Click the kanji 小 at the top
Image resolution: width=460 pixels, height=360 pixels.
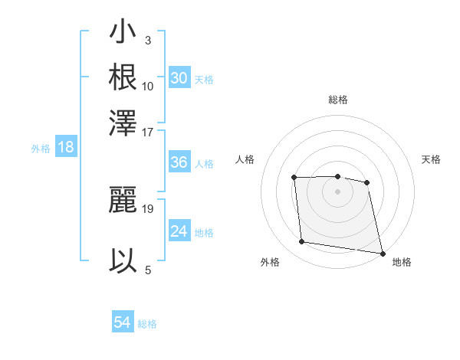[x=123, y=33]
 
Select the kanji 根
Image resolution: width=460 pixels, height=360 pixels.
[x=123, y=77]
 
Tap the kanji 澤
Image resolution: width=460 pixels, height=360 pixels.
[x=123, y=122]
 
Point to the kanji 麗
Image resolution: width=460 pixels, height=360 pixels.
[x=123, y=201]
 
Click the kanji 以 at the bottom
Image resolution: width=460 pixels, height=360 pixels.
[x=123, y=260]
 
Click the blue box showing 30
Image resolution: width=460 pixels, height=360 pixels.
[x=179, y=78]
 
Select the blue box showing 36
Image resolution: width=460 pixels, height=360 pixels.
[x=179, y=162]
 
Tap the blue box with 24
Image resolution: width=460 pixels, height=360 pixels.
[x=179, y=231]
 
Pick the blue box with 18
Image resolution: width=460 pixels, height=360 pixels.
[x=66, y=147]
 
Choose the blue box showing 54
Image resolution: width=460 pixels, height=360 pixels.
[x=122, y=322]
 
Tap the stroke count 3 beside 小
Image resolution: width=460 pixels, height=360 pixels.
[x=147, y=41]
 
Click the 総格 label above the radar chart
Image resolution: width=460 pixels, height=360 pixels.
[x=337, y=100]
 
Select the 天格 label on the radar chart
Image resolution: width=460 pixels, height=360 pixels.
[x=431, y=159]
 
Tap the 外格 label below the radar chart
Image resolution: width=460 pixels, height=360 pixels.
[x=270, y=262]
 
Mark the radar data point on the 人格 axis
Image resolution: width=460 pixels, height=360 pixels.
[x=294, y=178]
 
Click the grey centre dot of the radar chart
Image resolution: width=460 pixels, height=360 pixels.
[x=337, y=191]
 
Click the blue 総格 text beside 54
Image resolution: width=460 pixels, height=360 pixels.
[x=147, y=324]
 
